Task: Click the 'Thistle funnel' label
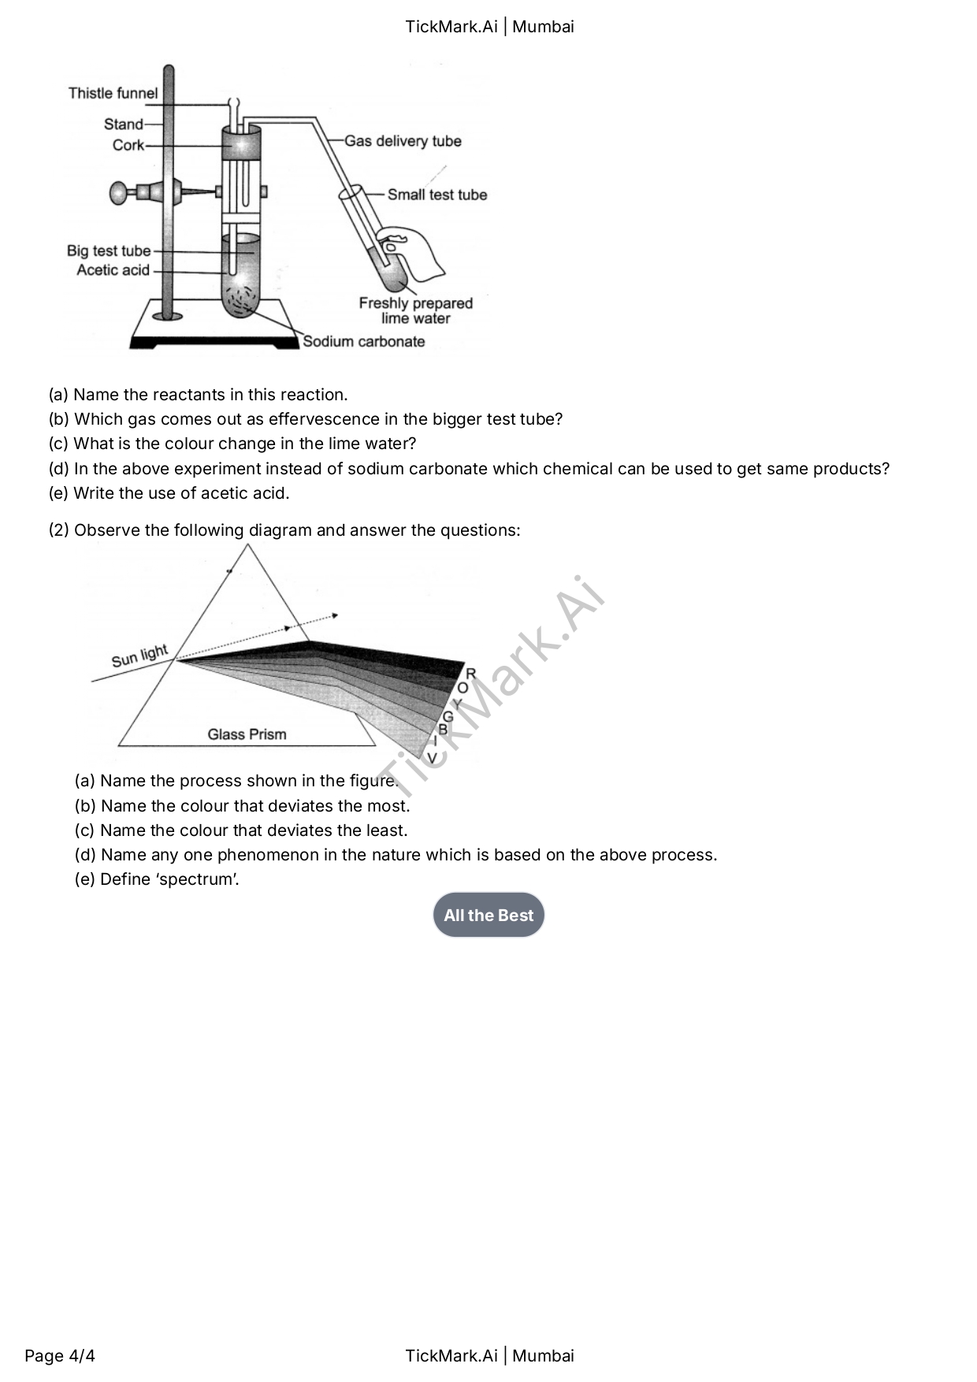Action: coord(113,93)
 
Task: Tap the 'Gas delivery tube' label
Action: coord(403,141)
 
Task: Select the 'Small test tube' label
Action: coord(437,195)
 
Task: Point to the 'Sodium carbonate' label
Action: coord(364,341)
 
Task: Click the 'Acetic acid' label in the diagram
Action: coord(113,270)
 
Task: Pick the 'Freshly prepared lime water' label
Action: coord(416,310)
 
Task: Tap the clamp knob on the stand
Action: coord(118,192)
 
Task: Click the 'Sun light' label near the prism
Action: coord(139,656)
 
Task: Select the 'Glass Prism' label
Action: coord(247,734)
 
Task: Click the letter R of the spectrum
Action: coord(471,674)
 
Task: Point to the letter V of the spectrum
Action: coord(432,758)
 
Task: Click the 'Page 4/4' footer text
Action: coord(60,1355)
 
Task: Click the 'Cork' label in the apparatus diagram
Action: coord(128,145)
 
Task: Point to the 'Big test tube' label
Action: coord(109,251)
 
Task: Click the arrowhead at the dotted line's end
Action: coord(335,615)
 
